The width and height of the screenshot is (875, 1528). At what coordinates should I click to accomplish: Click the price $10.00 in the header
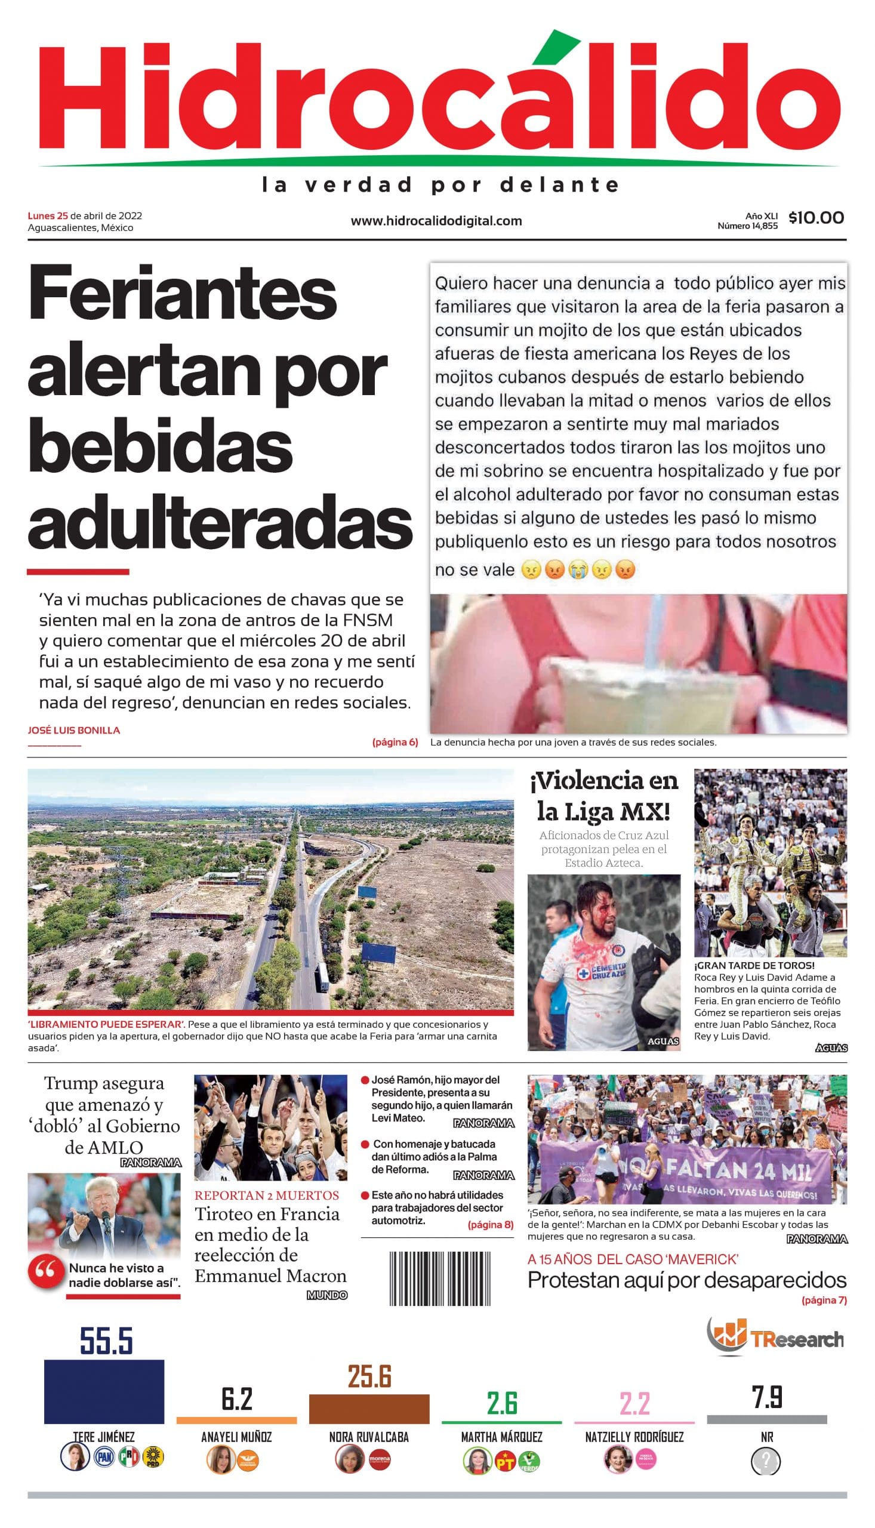816,217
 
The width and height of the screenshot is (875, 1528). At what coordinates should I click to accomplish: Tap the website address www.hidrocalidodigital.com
436,221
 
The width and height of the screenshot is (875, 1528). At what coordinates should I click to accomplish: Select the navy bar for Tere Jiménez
104,1391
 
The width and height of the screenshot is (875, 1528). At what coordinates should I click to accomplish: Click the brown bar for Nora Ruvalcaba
369,1409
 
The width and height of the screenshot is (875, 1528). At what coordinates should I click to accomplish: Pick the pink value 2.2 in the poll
634,1404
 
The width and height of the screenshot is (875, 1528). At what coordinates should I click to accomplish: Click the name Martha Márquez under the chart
501,1437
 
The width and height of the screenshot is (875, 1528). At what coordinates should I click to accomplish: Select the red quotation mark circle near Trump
46,1271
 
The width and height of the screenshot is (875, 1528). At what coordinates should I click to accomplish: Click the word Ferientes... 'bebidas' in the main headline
160,447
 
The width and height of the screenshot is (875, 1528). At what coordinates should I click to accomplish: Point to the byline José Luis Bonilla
74,730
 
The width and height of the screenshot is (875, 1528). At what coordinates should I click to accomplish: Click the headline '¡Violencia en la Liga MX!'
603,796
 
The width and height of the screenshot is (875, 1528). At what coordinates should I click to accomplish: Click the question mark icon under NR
766,1461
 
